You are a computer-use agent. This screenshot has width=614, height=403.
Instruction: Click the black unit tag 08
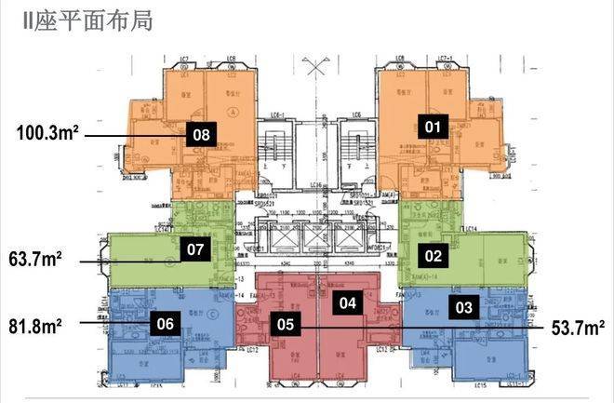(x=201, y=134)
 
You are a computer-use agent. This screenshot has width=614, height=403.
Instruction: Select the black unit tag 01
(x=432, y=125)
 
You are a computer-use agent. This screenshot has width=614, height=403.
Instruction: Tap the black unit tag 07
(x=194, y=249)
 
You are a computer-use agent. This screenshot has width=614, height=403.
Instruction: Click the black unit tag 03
(x=464, y=305)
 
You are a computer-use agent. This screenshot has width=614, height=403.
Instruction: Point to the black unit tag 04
(x=347, y=302)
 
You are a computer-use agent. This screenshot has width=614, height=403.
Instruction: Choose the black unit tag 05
(x=286, y=324)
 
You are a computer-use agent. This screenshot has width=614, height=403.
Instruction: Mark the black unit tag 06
(x=165, y=323)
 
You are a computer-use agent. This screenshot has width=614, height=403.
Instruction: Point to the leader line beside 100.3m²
(x=130, y=134)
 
